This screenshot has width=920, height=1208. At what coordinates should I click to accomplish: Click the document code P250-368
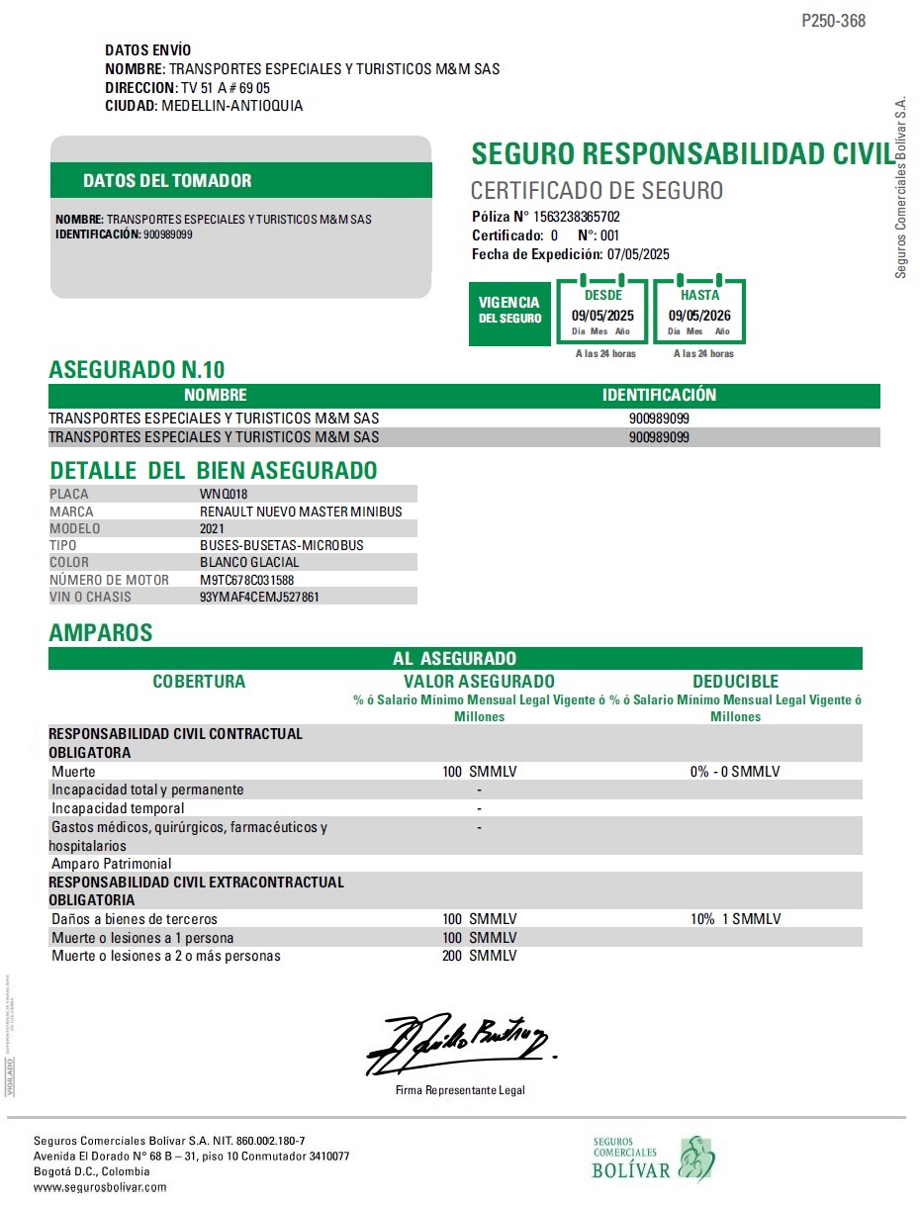833,21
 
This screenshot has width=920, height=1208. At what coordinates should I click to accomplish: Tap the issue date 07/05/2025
638,254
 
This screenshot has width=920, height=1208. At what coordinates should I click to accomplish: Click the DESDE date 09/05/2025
603,316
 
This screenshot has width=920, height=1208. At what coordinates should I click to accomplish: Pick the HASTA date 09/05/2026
700,316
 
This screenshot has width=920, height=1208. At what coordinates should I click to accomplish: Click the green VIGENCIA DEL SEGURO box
509,311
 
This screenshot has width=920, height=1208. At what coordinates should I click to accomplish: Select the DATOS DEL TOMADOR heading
167,181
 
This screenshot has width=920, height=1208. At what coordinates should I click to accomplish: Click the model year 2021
213,528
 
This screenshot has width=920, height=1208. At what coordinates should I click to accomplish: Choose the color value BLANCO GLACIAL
249,562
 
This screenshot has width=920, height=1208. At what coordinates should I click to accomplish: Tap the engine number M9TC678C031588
246,580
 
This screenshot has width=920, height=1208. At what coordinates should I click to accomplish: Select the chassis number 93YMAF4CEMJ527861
259,597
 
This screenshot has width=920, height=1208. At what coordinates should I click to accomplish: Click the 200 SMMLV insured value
480,956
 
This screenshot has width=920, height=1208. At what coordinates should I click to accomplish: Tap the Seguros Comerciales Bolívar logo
653,1159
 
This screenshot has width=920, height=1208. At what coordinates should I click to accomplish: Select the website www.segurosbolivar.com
100,1186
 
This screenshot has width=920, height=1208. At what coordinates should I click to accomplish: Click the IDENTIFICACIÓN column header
659,395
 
